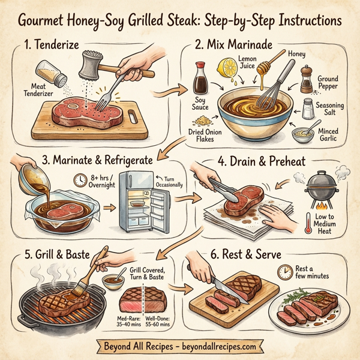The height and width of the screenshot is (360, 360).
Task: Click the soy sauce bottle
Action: click(200, 77)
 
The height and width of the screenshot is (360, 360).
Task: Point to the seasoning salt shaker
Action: click(308, 109)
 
